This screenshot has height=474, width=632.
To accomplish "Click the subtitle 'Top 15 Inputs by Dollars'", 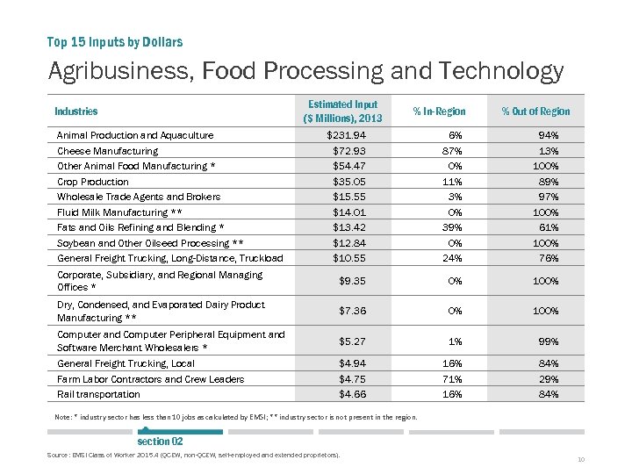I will pos(114,42).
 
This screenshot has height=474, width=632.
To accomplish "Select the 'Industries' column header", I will pos(76,111).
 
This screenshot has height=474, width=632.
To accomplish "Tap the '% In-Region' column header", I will pos(439,111).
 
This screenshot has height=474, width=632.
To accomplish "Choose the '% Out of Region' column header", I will pos(535,111).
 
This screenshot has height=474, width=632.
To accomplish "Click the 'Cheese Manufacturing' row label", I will pos(107,151).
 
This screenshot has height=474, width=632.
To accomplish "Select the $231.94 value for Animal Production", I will pos(346,135).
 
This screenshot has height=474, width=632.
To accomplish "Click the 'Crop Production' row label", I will pos(93,182).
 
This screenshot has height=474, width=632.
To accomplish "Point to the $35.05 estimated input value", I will pos(349,182).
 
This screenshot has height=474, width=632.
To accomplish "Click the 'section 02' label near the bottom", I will pos(160,442).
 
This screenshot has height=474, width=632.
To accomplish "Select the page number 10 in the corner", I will pos(581,460).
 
